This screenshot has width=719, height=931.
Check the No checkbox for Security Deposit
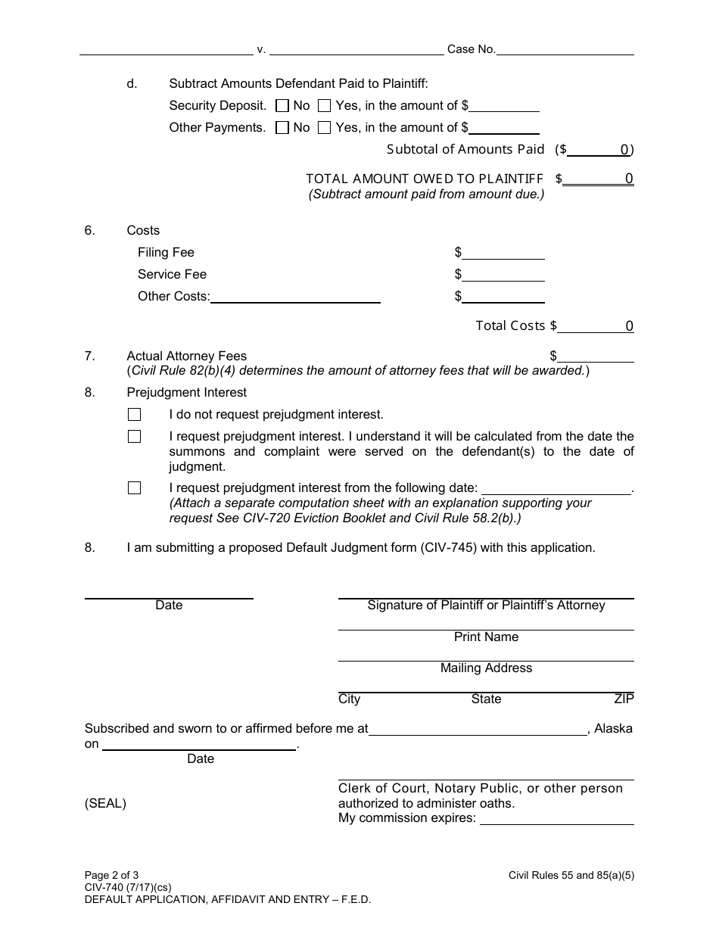[282, 106]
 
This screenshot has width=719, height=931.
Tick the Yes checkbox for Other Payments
[325, 128]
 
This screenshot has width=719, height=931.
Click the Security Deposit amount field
[504, 106]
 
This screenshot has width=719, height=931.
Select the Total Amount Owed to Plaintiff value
[599, 179]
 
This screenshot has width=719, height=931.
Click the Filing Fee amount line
[503, 253]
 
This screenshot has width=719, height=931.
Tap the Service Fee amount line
[503, 275]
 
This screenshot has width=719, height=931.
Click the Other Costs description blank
[295, 297]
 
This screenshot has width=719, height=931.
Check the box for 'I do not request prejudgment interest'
[135, 415]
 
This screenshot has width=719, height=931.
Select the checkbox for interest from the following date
[135, 488]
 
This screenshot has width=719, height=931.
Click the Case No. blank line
[565, 49]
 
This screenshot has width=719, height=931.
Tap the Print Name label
[486, 637]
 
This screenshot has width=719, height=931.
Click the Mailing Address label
[486, 668]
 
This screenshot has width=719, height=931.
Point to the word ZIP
[624, 699]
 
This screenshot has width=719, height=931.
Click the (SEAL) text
[105, 804]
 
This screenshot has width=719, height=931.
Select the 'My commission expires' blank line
[557, 818]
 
